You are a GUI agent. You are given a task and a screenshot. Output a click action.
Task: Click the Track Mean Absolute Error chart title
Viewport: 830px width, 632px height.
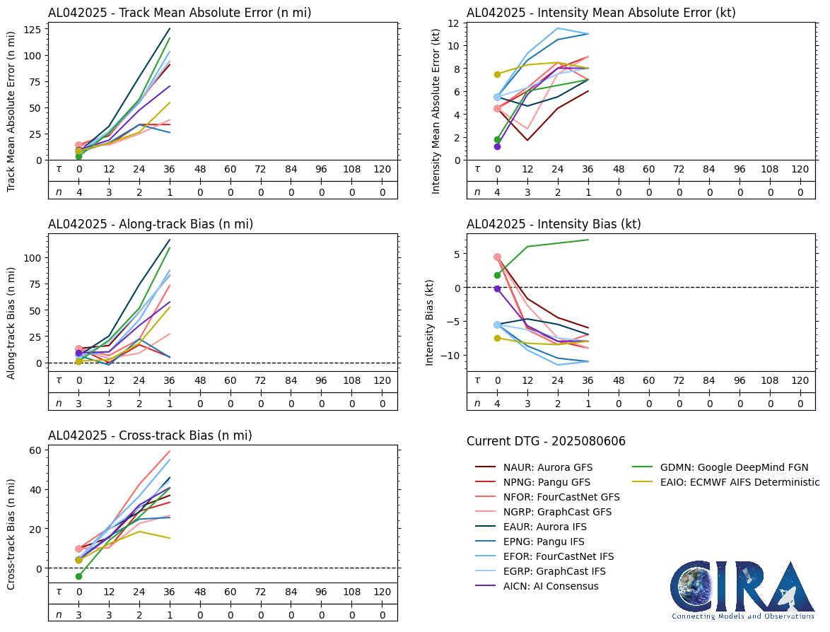click(180, 13)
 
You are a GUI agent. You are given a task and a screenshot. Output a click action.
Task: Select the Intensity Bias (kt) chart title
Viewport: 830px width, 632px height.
click(554, 224)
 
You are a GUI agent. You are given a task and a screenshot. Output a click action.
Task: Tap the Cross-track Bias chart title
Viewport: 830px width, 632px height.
click(150, 435)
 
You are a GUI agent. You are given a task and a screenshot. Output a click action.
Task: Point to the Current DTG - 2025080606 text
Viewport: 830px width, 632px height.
click(546, 441)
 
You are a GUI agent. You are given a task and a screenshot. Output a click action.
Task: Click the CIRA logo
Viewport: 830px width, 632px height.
click(743, 590)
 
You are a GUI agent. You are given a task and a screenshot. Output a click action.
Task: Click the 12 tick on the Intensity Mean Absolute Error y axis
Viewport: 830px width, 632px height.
click(452, 23)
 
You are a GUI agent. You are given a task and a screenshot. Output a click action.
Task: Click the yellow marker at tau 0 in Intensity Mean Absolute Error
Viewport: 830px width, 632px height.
click(497, 74)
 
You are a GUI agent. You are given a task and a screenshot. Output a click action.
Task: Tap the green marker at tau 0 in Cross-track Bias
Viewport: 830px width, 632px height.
click(78, 576)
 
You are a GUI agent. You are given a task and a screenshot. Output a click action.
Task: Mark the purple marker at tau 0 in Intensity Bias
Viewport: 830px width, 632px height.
click(497, 288)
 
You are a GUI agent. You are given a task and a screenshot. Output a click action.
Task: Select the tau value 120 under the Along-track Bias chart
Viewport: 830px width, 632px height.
click(382, 380)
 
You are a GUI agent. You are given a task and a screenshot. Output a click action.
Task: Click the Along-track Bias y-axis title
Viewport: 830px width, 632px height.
click(12, 323)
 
